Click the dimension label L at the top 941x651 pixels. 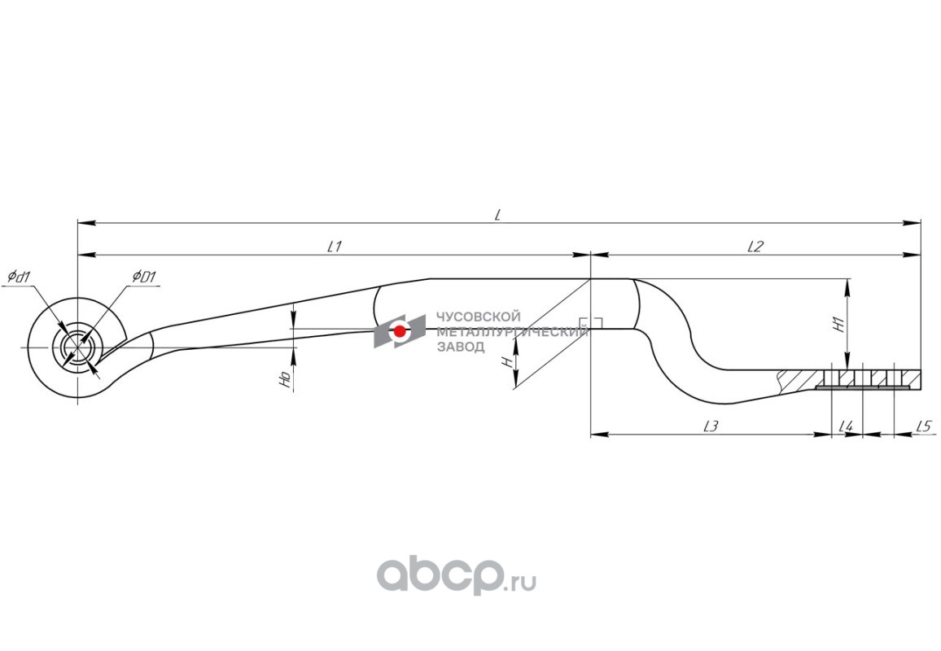pyautogui.click(x=497, y=214)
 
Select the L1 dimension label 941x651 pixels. pyautogui.click(x=333, y=246)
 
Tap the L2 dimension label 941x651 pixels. pyautogui.click(x=755, y=246)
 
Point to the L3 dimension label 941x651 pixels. pyautogui.click(x=710, y=426)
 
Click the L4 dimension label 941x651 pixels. pyautogui.click(x=846, y=426)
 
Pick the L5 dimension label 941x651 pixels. pyautogui.click(x=922, y=426)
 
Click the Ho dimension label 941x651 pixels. pyautogui.click(x=284, y=379)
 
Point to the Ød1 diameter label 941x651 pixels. pyautogui.click(x=19, y=277)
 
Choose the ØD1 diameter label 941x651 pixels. pyautogui.click(x=144, y=277)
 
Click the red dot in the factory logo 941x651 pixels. pyautogui.click(x=400, y=331)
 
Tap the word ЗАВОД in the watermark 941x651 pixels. pyautogui.click(x=461, y=347)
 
